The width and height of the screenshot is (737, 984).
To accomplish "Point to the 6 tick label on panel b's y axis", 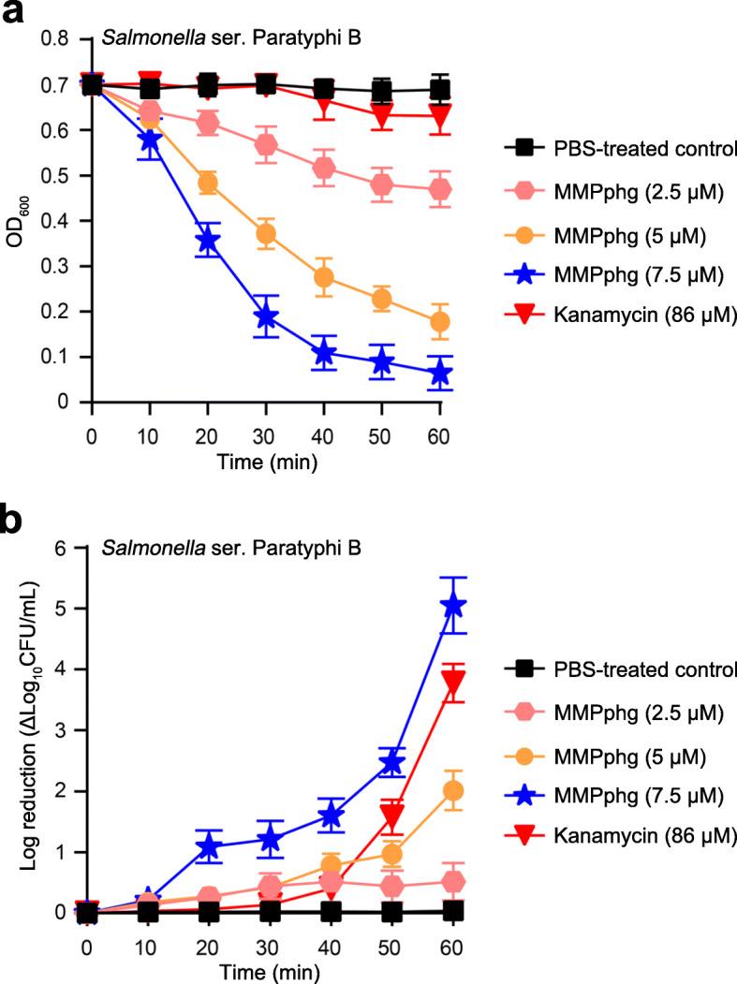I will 61,549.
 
